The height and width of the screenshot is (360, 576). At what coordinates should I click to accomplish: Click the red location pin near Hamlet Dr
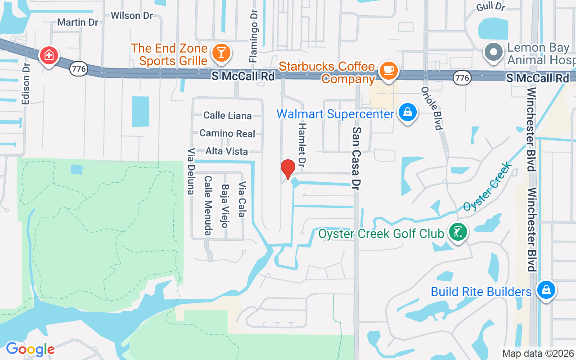click(x=288, y=169)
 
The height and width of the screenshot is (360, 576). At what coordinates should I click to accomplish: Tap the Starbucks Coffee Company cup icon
click(x=388, y=71)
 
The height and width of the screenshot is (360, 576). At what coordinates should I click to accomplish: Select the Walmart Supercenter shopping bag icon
click(x=407, y=113)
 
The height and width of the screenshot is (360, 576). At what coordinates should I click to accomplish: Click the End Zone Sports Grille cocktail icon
click(x=221, y=52)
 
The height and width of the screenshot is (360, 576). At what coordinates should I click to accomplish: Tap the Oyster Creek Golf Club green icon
click(x=458, y=233)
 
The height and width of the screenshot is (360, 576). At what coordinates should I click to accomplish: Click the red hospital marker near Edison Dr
click(x=49, y=56)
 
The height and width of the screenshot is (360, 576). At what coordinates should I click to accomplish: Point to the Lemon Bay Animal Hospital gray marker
click(x=494, y=52)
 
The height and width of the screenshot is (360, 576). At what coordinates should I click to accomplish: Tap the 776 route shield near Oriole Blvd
click(x=462, y=78)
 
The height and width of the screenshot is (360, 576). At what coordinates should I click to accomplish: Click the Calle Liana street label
click(x=227, y=116)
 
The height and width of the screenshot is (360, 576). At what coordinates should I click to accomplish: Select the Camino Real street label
click(x=227, y=134)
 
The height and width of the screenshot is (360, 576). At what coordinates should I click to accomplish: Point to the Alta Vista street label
click(x=226, y=151)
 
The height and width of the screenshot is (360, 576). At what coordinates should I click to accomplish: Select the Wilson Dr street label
click(x=131, y=16)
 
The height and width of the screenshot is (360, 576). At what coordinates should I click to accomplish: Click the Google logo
click(x=30, y=349)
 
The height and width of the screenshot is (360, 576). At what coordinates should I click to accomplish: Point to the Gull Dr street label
click(x=491, y=6)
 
